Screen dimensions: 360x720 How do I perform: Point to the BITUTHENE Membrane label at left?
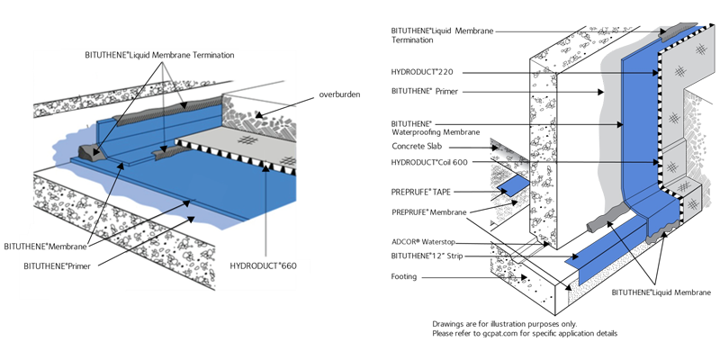[45, 245]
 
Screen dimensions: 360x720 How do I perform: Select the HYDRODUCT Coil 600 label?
[435, 161]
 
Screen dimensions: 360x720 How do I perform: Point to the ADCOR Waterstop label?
[427, 242]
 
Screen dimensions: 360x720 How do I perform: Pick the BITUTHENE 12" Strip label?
[429, 256]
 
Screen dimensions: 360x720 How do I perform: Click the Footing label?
[404, 276]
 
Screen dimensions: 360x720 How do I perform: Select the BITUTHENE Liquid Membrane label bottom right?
[661, 292]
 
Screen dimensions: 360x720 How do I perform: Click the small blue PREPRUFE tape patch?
[515, 184]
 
